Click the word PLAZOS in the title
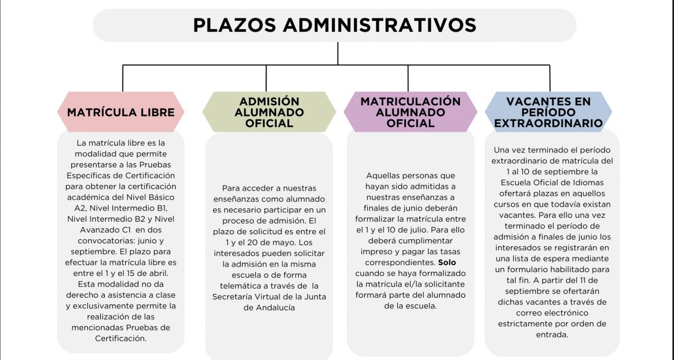[x=234, y=25]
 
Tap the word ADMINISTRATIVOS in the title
[x=380, y=25]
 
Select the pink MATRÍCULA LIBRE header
[x=121, y=112]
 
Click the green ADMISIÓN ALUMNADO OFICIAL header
[x=269, y=112]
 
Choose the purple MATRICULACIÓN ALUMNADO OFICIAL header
[x=410, y=112]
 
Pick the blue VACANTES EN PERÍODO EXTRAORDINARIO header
[x=549, y=112]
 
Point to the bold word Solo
[x=447, y=263]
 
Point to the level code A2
[x=80, y=208]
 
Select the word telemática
[x=240, y=286]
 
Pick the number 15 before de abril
[x=130, y=274]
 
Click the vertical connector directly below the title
[x=337, y=54]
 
